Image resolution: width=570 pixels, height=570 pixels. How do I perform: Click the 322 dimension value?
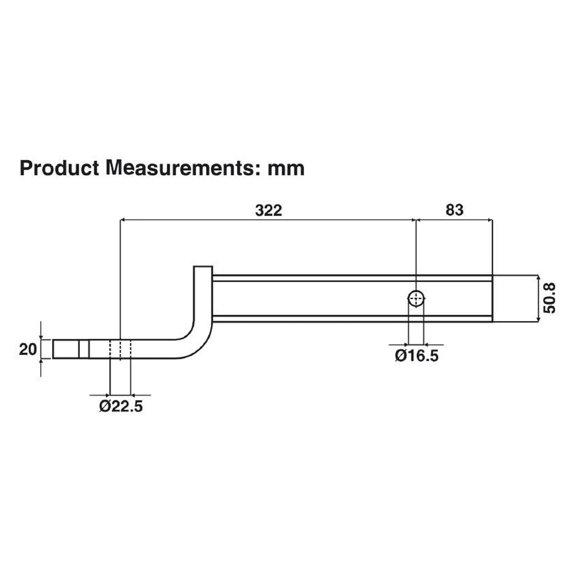coord(268,211)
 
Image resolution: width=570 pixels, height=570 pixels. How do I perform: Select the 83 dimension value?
coord(454,210)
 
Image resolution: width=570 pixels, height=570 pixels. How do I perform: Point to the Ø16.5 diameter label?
coord(416,356)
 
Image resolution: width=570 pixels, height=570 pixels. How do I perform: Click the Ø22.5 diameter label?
coord(121,406)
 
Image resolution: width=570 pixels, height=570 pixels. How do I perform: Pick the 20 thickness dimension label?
coord(27,349)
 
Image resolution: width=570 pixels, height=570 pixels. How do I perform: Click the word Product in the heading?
coord(59,168)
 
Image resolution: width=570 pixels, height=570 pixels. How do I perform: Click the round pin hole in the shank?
coord(416,298)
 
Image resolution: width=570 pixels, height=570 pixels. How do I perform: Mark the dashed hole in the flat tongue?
coord(121,349)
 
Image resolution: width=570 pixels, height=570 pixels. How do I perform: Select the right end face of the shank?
coord(492,299)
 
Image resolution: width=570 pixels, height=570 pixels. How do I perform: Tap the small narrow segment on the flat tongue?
coord(84,349)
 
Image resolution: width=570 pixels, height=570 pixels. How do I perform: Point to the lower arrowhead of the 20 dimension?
coord(41,361)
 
